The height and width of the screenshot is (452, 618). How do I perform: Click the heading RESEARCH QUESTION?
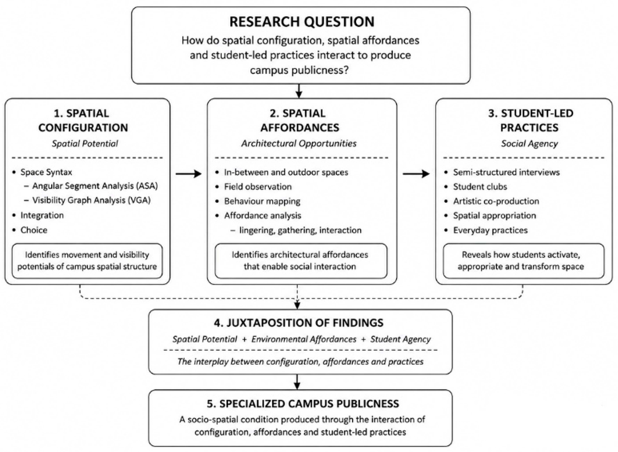(302, 22)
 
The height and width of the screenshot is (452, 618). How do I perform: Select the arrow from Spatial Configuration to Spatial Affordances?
(188, 174)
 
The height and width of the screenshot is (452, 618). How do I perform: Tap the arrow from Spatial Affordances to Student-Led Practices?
(416, 174)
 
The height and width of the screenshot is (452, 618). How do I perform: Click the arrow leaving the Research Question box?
(299, 91)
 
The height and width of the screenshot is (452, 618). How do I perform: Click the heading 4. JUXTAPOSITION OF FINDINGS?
(299, 323)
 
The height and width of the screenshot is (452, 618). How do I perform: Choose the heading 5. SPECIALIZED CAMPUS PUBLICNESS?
(303, 404)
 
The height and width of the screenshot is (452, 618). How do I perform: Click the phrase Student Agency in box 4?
(400, 339)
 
